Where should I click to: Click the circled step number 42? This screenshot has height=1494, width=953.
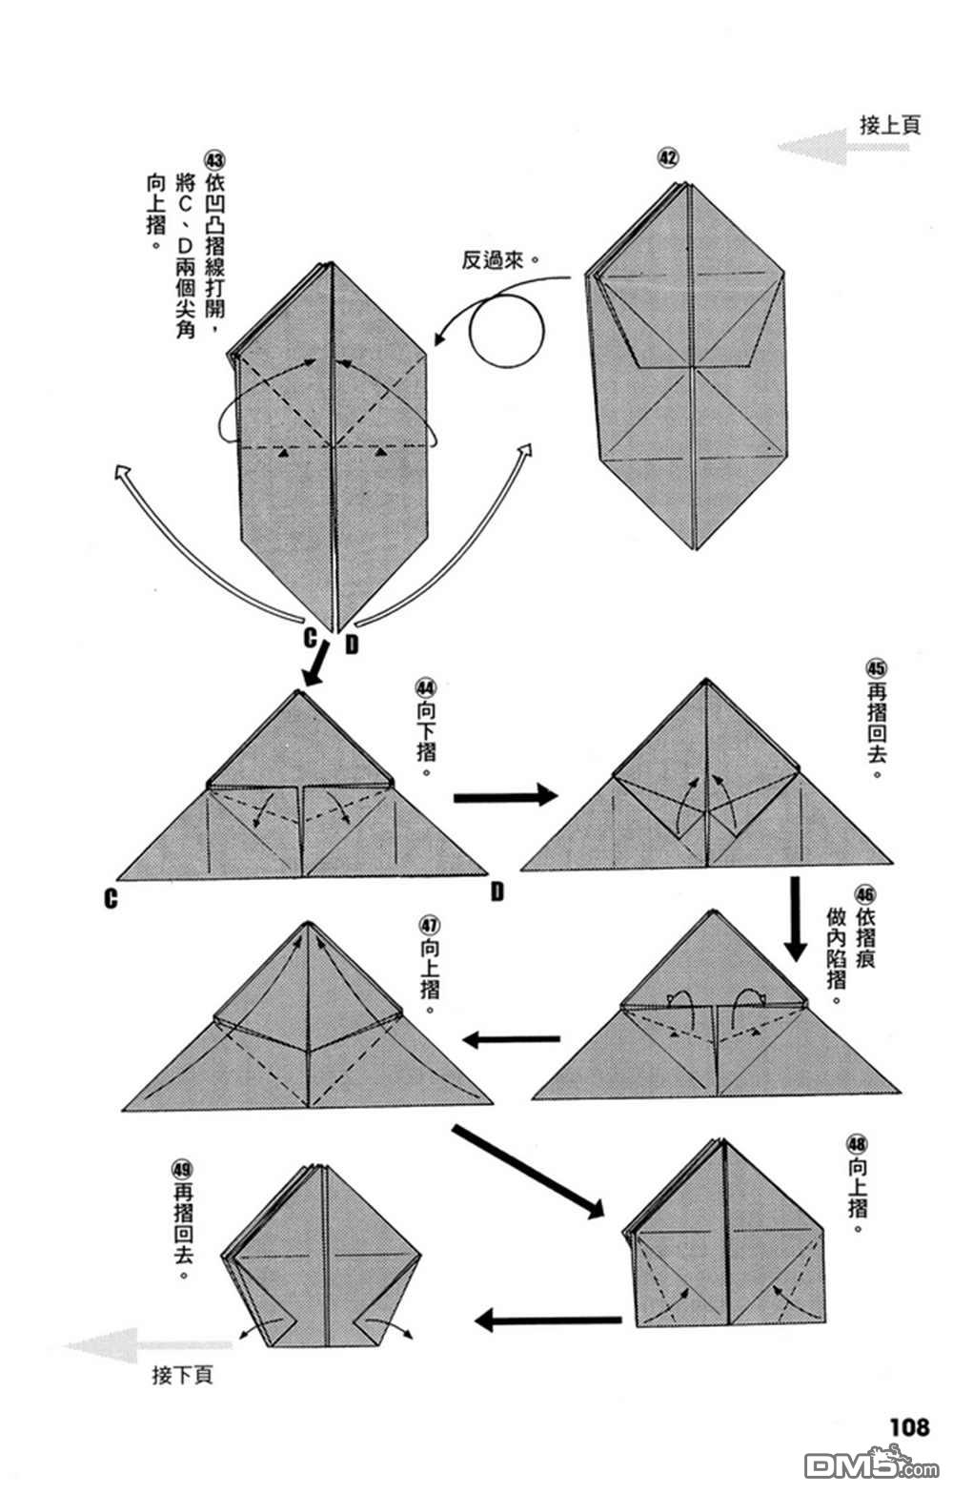(x=669, y=157)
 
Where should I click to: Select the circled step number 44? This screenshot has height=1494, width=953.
(x=425, y=687)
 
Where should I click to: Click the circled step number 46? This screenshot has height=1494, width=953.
(x=864, y=895)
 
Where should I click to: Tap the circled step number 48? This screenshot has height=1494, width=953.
(x=856, y=1142)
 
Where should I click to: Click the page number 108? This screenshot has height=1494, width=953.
(x=909, y=1426)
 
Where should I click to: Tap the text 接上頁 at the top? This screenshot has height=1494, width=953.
(x=890, y=125)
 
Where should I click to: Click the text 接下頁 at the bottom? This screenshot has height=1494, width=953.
(x=182, y=1376)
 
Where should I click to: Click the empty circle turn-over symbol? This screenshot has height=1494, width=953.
(x=506, y=329)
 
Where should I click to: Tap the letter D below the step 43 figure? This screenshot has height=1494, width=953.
(x=352, y=645)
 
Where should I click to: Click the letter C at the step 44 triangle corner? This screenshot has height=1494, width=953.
(x=112, y=898)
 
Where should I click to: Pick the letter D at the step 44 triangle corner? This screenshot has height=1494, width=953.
(x=497, y=891)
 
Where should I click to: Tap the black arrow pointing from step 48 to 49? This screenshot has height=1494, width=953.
(x=548, y=1320)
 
